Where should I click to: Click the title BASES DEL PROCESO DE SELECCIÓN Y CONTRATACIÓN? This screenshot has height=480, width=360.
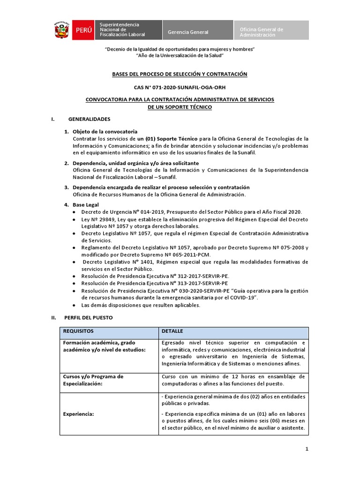[x=180, y=74]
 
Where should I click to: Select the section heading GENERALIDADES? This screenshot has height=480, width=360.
[x=89, y=119]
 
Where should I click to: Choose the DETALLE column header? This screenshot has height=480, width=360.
[x=172, y=331]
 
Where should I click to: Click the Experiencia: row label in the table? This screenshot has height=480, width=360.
[x=79, y=414]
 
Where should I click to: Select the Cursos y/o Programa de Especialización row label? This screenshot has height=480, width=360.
[x=93, y=380]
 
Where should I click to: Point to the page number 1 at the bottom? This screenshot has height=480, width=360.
[x=307, y=449]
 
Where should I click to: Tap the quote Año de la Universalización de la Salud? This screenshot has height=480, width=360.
[x=180, y=55]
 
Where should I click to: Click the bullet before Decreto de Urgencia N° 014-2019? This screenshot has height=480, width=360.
[x=76, y=212]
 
